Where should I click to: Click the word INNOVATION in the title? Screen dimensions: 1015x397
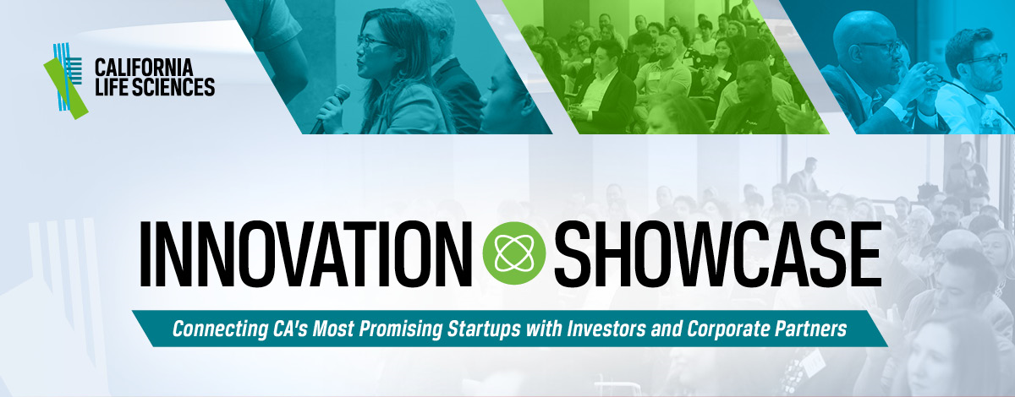306,254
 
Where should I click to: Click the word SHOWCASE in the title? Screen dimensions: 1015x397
718,254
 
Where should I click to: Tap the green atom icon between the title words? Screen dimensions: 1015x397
514,253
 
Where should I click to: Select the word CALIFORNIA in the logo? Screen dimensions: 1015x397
144,68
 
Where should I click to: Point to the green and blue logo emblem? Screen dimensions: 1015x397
66,80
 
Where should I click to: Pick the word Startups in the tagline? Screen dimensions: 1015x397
484,329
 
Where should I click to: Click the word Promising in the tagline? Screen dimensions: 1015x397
400,329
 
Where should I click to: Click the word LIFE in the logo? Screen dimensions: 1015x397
112,87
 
